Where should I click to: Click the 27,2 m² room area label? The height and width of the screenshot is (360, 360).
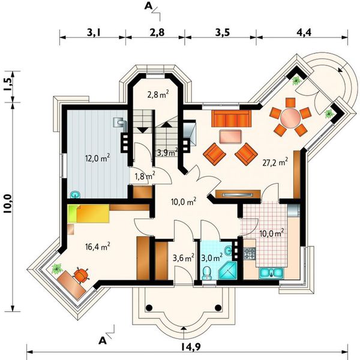point(275,162)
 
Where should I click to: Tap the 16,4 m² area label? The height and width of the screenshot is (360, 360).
point(98,247)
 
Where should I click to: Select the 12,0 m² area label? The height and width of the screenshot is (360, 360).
point(98,158)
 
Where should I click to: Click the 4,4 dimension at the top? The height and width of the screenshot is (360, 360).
point(304,32)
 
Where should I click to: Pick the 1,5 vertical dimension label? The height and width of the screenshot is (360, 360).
point(8,85)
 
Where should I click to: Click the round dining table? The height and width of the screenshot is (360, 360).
point(290,117)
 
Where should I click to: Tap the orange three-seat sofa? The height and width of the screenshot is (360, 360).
point(232,118)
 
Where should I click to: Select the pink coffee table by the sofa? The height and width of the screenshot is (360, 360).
point(230,137)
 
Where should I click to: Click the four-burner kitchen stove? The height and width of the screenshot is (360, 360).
point(250,253)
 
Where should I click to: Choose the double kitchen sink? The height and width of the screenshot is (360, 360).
point(271,273)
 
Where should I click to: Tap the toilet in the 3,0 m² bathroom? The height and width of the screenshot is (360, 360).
point(208,273)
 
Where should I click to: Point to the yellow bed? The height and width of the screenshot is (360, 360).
point(88,214)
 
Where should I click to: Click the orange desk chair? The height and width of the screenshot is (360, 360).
point(81,274)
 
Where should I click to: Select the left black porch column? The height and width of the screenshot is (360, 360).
point(149,307)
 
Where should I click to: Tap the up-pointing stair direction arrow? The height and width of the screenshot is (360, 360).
point(167,125)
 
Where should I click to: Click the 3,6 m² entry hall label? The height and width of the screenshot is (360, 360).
point(184,257)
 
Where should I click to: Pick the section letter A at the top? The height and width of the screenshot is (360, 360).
point(148,7)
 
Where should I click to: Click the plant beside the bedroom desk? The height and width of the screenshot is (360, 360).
point(57,269)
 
